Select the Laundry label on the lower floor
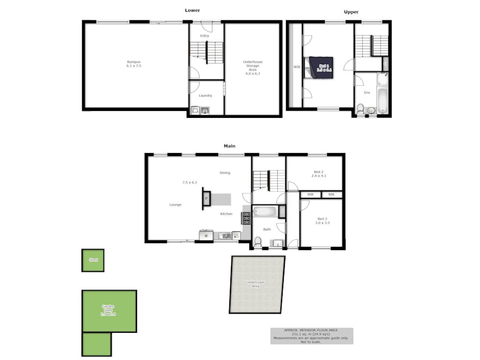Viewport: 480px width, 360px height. (x=205, y=96)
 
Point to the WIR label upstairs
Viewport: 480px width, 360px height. (x=297, y=67)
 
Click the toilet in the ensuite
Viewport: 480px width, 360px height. (x=360, y=110)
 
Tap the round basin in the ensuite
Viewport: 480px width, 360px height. (x=371, y=110)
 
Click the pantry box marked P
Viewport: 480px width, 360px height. (x=206, y=199)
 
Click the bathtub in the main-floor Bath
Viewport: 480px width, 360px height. (x=265, y=212)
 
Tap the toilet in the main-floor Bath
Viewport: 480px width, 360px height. (x=258, y=243)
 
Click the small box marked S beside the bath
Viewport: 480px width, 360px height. (x=282, y=211)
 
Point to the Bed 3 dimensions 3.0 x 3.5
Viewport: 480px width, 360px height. (x=323, y=222)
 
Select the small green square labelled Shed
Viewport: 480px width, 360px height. (x=93, y=260)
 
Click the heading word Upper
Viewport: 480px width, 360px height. (x=351, y=12)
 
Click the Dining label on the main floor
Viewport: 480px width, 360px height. (x=225, y=173)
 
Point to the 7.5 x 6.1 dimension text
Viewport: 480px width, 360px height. (x=189, y=182)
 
